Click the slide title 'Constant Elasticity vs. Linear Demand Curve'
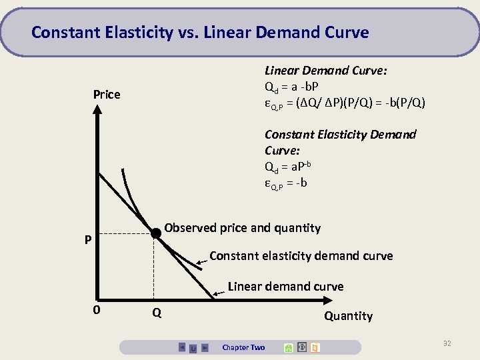coord(200,32)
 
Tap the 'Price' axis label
coord(107,95)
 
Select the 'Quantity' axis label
coord(348,316)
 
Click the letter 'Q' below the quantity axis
coord(156,312)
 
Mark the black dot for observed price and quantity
coord(155,233)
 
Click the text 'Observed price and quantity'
coord(242,228)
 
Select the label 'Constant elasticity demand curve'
coord(301,256)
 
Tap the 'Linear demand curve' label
coord(285,287)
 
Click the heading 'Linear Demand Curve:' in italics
coord(326,71)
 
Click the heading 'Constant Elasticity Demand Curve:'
coord(340,143)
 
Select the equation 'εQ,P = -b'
coord(285,183)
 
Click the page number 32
coord(447,343)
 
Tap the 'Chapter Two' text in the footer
coord(243,347)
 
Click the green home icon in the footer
coord(289,347)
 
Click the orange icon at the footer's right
coord(315,347)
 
